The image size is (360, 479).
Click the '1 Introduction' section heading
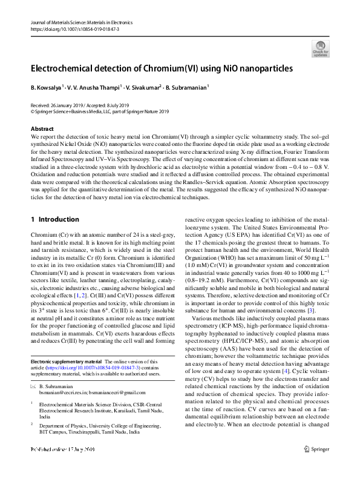point(54,219)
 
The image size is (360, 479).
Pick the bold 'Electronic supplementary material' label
point(67,362)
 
